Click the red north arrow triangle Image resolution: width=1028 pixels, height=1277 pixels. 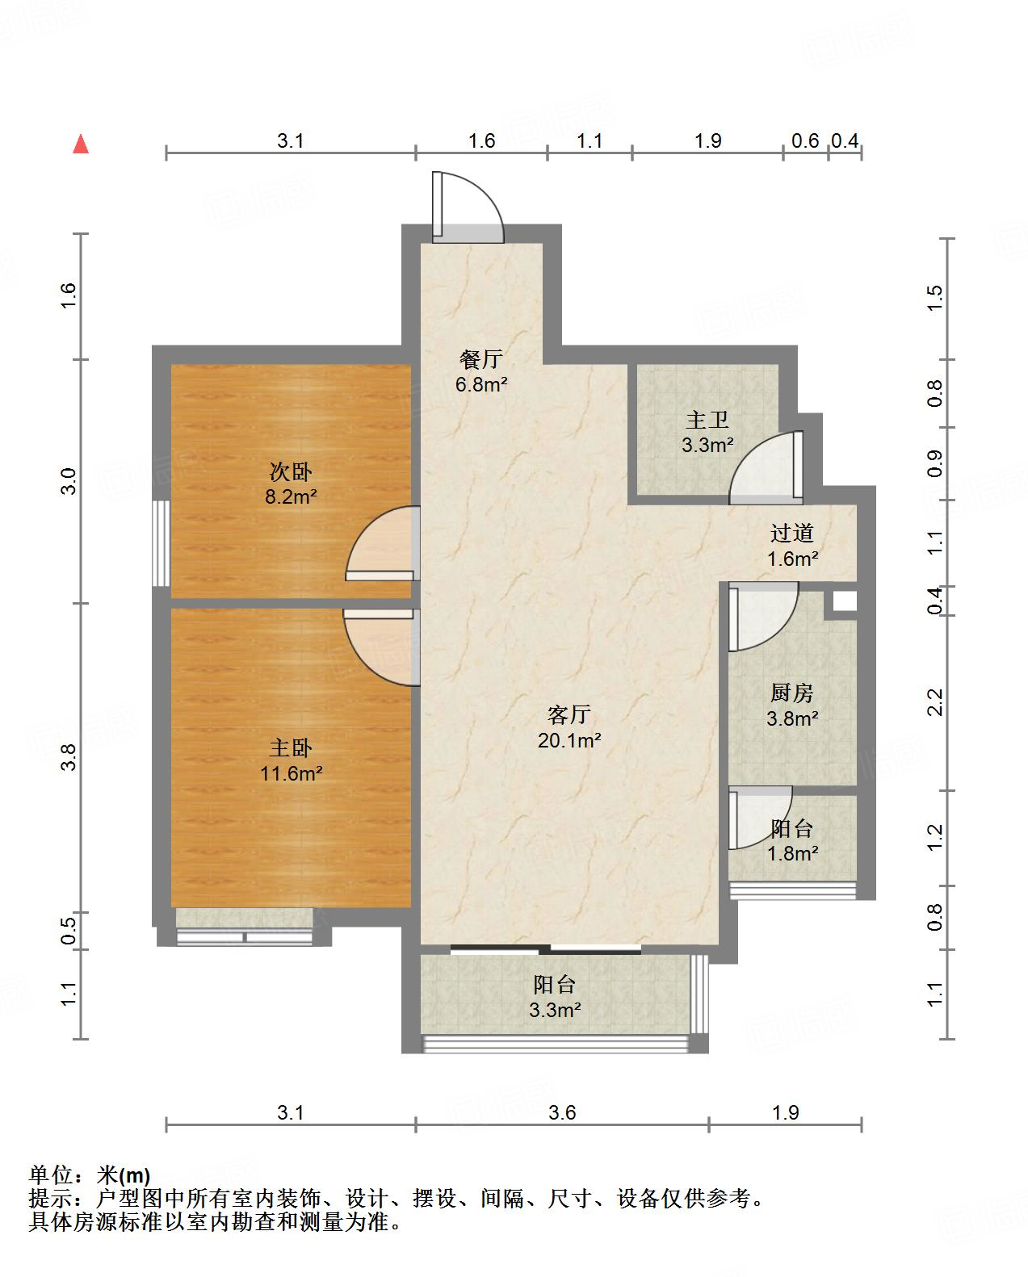coord(81,144)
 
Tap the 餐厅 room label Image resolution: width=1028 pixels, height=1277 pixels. coord(481,359)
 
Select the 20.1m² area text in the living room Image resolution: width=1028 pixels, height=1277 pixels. coord(569,740)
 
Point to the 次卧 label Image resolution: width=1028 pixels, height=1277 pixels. coord(291,471)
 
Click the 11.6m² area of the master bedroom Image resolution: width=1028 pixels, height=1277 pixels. coord(291,773)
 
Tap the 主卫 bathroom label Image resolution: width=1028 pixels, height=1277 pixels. coord(707,420)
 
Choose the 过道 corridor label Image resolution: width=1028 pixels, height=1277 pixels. coord(791,533)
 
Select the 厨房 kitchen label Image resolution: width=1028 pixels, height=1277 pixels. coord(791,693)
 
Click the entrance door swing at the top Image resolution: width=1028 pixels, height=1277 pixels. coord(468,207)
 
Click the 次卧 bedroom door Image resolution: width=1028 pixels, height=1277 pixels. coord(383,543)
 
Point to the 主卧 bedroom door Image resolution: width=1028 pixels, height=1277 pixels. coord(382,647)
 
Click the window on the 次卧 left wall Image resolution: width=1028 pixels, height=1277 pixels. coord(161,543)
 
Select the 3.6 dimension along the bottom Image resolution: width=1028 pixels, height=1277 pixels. coord(562,1112)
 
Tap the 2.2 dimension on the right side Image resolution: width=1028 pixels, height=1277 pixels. coord(935,702)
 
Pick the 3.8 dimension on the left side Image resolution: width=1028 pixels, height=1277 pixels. coord(69,757)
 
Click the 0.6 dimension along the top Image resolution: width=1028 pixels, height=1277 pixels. coord(804,140)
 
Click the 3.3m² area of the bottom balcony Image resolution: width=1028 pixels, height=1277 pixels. coord(555,1009)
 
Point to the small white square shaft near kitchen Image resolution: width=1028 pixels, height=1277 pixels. coord(844,601)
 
